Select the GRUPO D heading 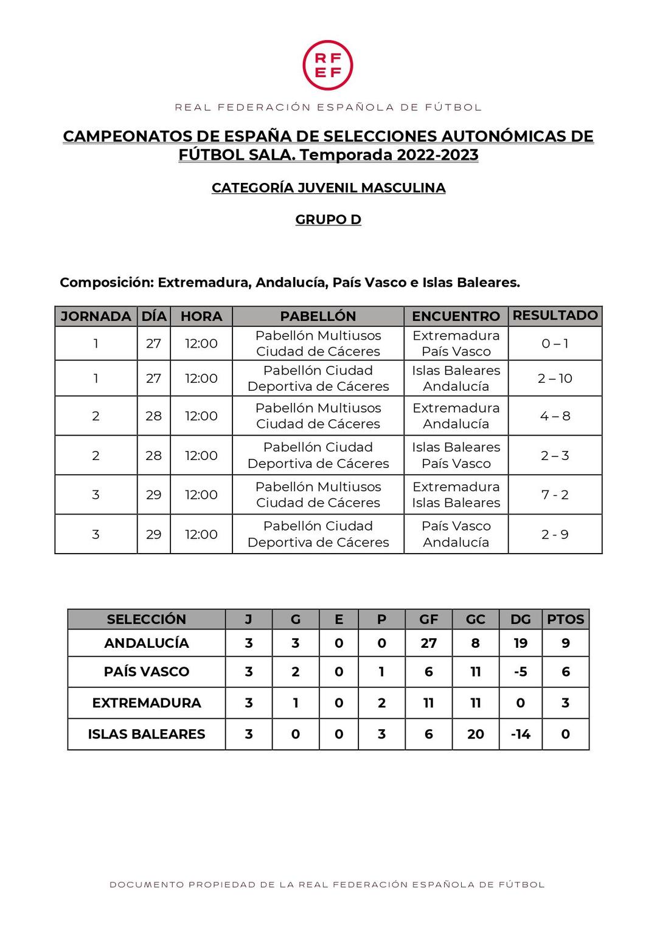(x=328, y=219)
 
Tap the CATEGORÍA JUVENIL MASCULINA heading (x=328, y=188)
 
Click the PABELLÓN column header (x=318, y=316)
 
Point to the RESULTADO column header (x=555, y=315)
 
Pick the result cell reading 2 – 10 (x=555, y=379)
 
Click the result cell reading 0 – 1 (x=555, y=343)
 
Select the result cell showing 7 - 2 (x=555, y=495)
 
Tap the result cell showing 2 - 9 (x=555, y=534)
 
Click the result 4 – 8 (x=555, y=416)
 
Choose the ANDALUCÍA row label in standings (x=147, y=643)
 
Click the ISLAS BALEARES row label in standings (x=147, y=734)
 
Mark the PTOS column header (x=565, y=619)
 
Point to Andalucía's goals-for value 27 (x=429, y=643)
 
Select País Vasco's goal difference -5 (x=520, y=672)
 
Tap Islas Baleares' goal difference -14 (x=520, y=734)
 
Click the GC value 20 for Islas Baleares (x=476, y=734)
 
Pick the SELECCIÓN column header (x=147, y=619)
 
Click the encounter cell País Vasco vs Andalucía (x=456, y=534)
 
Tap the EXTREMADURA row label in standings (x=147, y=703)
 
